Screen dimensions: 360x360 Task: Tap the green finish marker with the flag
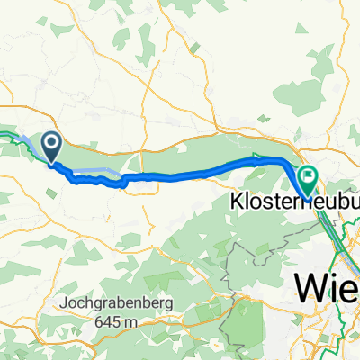309,178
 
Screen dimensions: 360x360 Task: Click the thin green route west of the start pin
14,137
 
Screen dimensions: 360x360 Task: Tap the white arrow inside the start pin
50,142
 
